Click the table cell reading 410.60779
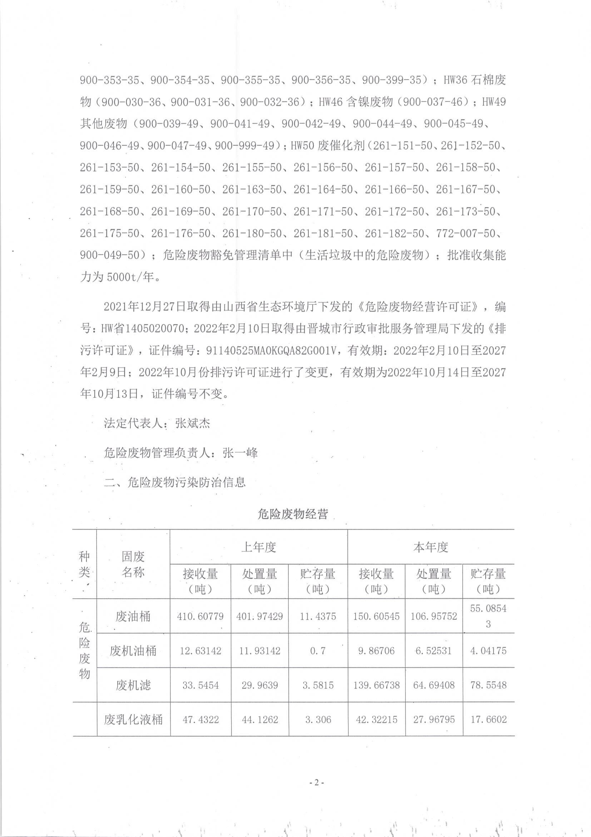(200, 616)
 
